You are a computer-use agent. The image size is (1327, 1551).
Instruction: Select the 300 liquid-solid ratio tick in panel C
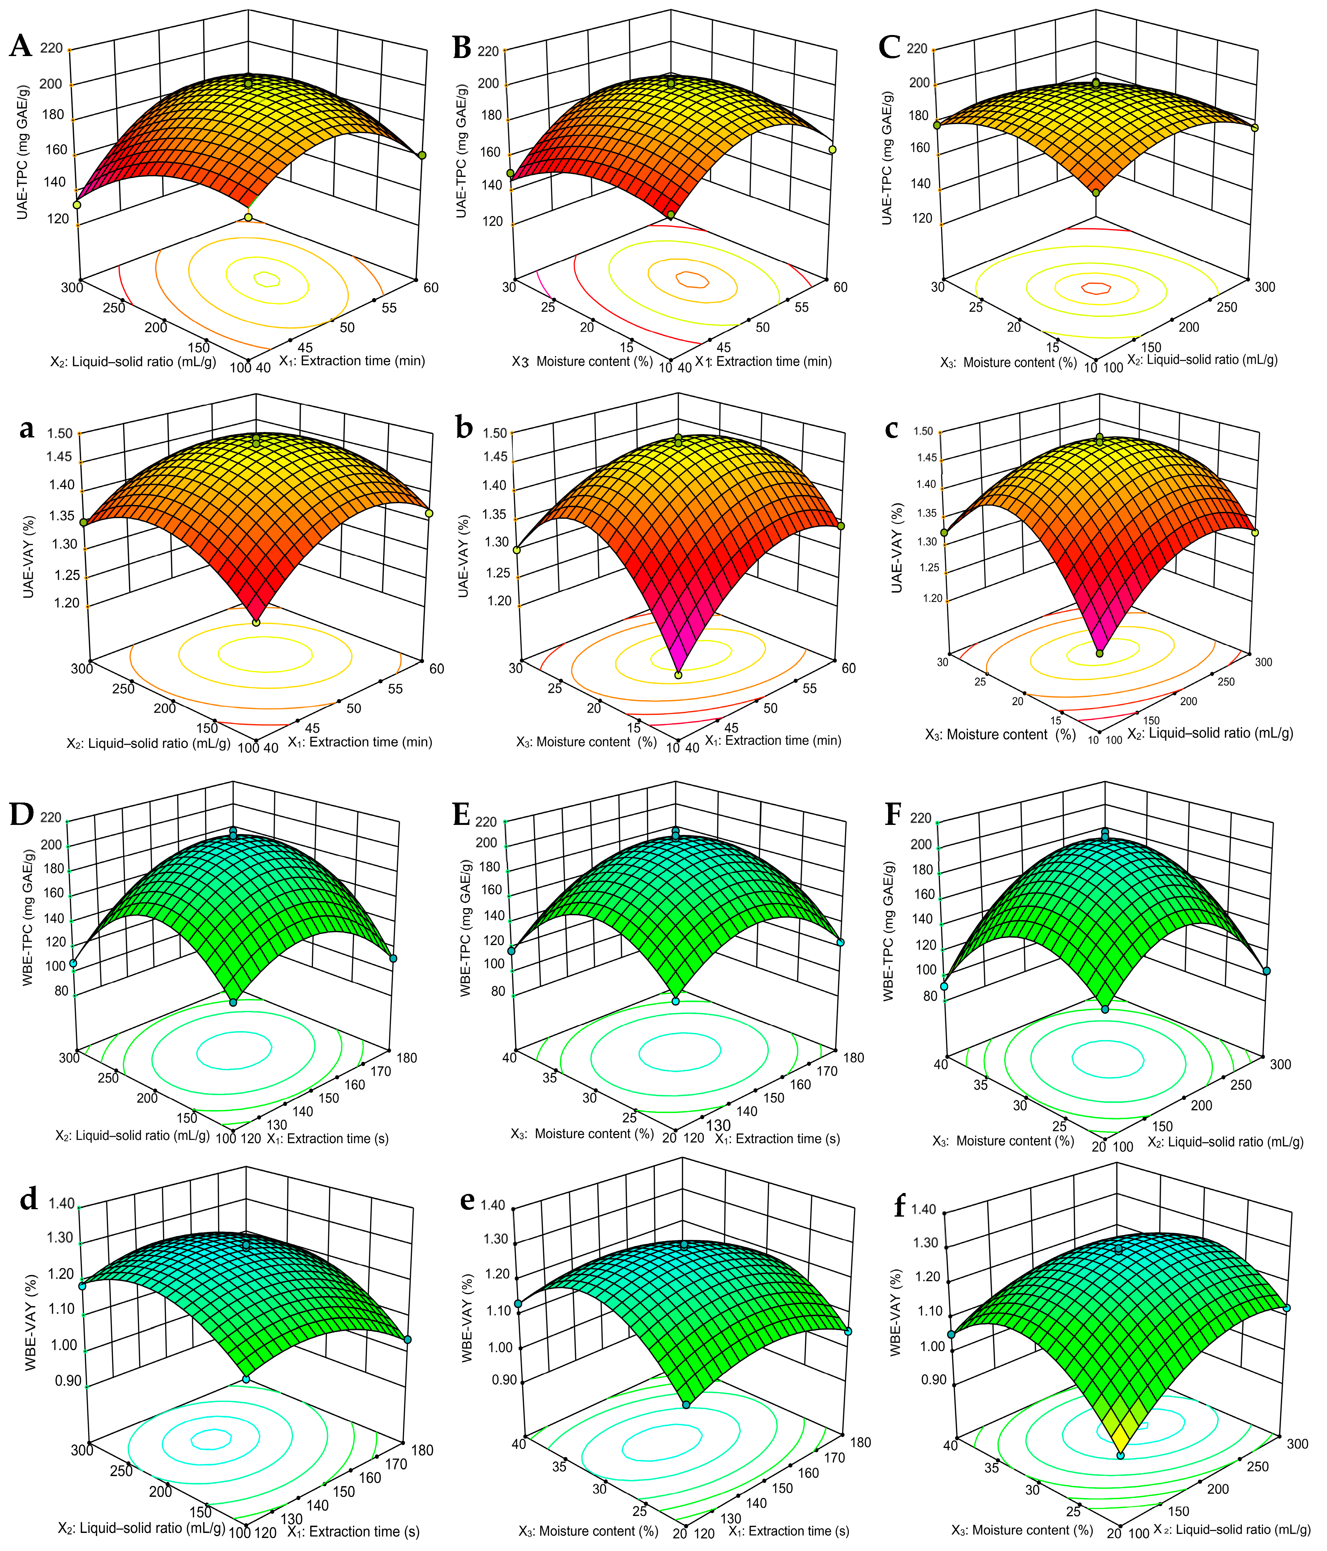click(1265, 287)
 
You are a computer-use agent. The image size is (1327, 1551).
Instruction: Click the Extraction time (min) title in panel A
click(352, 361)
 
